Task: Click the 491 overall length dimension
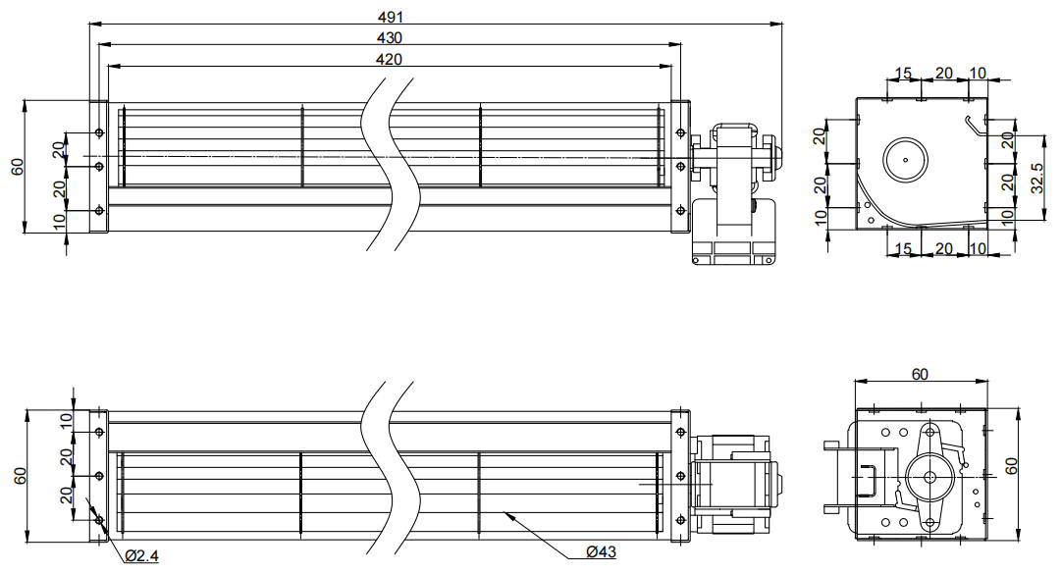pos(390,17)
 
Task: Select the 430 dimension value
pos(389,38)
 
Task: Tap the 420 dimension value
pos(389,60)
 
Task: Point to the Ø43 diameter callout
pos(601,551)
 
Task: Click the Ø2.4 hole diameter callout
pos(141,555)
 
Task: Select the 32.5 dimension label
pos(1037,178)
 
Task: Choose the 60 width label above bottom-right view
pos(920,374)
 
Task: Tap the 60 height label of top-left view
pos(19,167)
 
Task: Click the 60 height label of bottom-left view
pos(21,476)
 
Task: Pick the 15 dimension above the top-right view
pos(903,73)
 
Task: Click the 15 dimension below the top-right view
pos(903,249)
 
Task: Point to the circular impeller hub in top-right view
pos(905,160)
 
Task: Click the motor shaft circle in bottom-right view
pos(929,477)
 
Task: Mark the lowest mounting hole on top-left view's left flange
pos(99,211)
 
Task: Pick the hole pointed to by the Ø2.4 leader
pos(99,521)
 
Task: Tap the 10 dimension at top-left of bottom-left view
pos(66,421)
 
